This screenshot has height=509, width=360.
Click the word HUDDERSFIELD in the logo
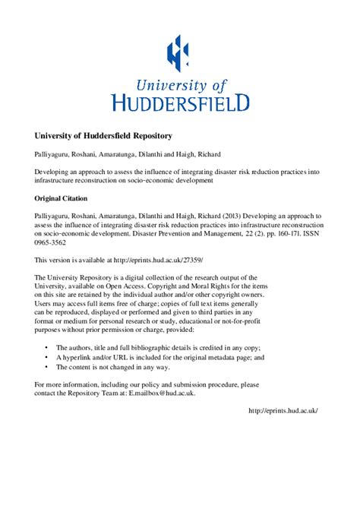(179, 101)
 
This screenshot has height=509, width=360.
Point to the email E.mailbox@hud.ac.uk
(162, 394)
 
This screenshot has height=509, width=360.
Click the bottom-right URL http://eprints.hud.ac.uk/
(283, 410)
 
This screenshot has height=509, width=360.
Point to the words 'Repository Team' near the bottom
(95, 394)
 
